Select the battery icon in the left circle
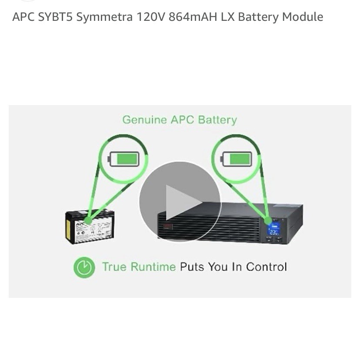click(x=123, y=159)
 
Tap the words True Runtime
click(x=139, y=267)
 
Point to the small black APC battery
click(x=90, y=226)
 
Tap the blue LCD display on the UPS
click(x=273, y=229)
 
